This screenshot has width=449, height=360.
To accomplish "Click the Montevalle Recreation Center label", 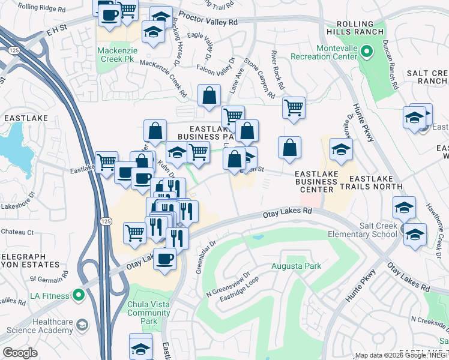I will pyautogui.click(x=324, y=52).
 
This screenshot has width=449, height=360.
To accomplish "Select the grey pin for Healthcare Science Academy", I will pyautogui.click(x=82, y=325).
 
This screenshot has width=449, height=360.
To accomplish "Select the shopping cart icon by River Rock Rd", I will pyautogui.click(x=293, y=108).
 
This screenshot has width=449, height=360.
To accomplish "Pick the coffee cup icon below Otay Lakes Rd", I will pyautogui.click(x=164, y=260).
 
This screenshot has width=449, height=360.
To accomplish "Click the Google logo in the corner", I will pyautogui.click(x=20, y=352).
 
